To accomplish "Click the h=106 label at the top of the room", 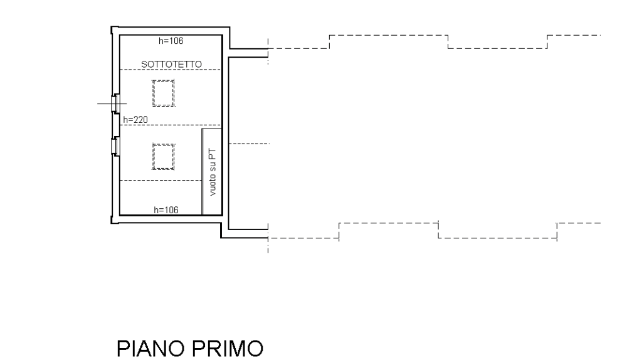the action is [171, 41].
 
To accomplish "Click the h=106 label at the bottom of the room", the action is [166, 209].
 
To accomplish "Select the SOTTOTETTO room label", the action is [171, 64].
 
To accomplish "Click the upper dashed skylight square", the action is [163, 93].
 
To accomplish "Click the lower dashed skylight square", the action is [164, 156].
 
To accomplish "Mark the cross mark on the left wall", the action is [114, 103].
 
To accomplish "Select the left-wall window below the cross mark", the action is [114, 145].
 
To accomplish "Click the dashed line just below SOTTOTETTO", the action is [170, 70].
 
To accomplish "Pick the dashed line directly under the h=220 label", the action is [163, 125].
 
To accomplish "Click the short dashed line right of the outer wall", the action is [249, 144].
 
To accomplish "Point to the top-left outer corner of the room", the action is [112, 28].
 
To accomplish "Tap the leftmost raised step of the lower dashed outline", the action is [388, 223].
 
